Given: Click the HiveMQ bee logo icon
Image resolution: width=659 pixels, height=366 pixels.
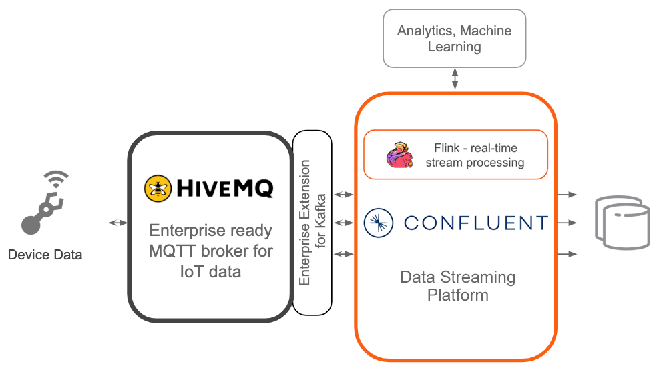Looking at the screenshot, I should tap(158, 188).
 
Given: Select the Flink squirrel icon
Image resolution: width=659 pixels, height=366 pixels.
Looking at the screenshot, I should tap(399, 155).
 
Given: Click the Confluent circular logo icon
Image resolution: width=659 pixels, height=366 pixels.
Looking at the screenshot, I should tap(379, 223).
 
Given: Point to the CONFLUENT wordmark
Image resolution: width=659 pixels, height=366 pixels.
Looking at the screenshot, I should tap(475, 223).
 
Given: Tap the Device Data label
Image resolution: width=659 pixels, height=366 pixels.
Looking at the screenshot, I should tap(45, 254).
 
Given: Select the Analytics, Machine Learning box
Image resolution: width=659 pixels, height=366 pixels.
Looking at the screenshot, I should tap(454, 39).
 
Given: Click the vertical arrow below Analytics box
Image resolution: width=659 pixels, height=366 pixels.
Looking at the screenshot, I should tap(455, 79).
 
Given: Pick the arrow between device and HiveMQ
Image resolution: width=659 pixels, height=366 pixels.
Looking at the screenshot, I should tap(118, 222).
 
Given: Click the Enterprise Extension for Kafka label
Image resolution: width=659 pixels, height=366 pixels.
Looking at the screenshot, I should tap(312, 223).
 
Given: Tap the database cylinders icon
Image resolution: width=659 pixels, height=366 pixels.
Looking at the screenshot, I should tap(622, 223).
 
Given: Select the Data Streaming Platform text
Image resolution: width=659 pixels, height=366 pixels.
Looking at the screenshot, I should tap(457, 285).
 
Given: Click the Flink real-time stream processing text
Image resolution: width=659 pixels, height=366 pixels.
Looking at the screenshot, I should tap(475, 155).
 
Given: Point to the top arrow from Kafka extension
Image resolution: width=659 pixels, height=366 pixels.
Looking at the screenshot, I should tap(343, 195).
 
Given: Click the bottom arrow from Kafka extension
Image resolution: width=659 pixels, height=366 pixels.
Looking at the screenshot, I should tap(343, 254).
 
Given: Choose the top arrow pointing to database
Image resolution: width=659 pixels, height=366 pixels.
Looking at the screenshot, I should tap(567, 195).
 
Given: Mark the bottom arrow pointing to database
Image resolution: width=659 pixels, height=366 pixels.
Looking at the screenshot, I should tap(567, 254).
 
